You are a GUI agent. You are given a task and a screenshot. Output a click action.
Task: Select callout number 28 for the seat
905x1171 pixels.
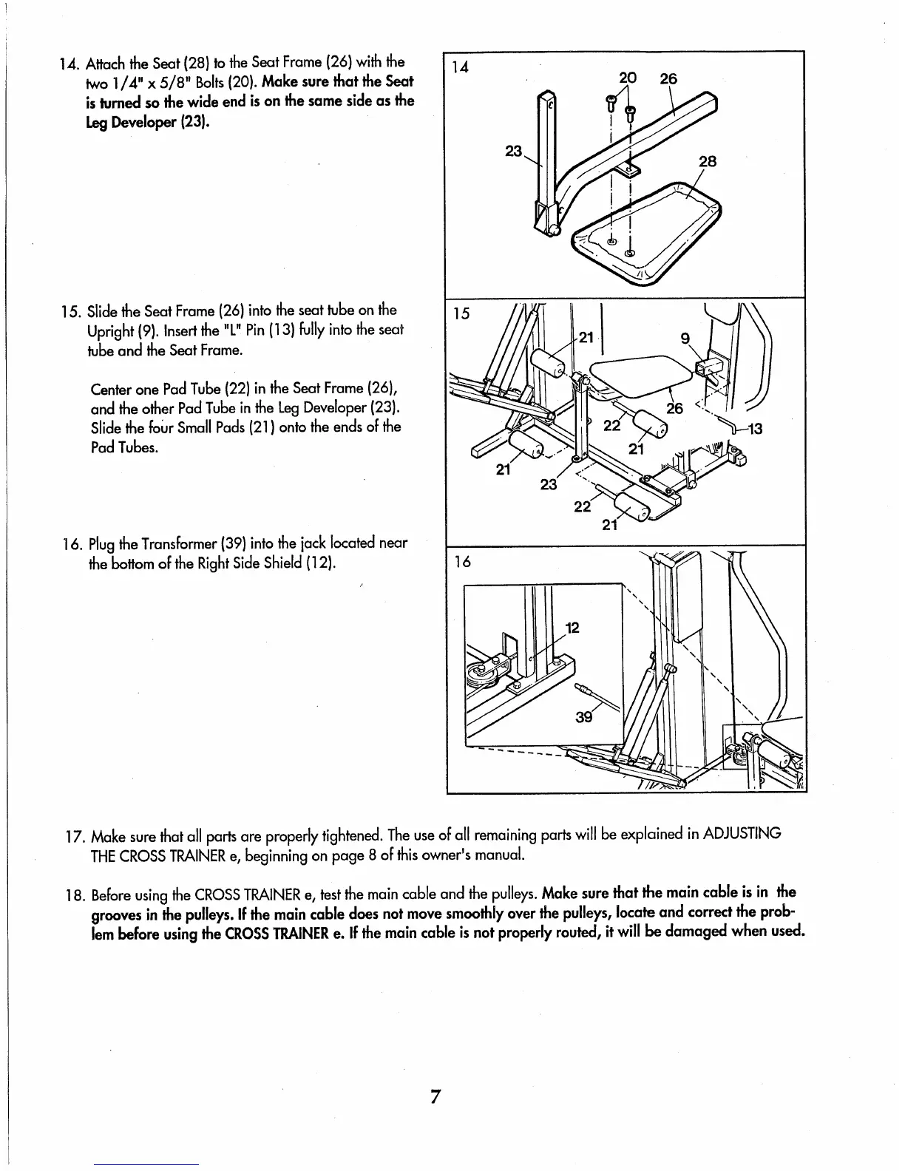[708, 162]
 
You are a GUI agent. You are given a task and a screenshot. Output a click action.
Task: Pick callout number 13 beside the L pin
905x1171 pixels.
[756, 430]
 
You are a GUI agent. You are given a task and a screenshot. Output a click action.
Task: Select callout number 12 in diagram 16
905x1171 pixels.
[572, 628]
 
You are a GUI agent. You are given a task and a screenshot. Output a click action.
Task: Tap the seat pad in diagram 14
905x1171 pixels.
[651, 222]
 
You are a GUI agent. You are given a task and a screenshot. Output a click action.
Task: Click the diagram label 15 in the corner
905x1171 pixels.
[461, 313]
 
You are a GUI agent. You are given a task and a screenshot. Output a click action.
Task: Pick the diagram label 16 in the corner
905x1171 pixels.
[461, 562]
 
